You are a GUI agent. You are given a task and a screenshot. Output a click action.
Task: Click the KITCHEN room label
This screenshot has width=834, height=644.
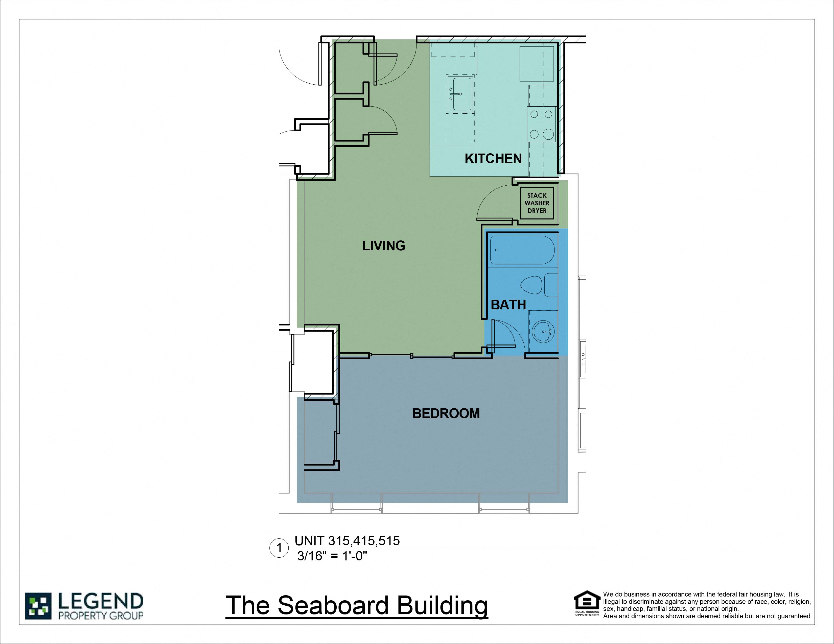click(493, 158)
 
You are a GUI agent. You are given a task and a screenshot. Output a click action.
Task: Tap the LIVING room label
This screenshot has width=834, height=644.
click(383, 245)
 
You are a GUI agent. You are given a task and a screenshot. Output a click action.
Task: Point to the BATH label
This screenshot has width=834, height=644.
click(508, 305)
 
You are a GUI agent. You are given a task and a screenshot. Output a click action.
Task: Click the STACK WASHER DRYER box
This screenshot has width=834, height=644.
click(537, 203)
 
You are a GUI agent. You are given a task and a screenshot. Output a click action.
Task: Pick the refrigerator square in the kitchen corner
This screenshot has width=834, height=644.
click(536, 64)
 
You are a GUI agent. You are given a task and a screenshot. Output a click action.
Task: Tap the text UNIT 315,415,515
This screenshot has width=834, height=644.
click(347, 541)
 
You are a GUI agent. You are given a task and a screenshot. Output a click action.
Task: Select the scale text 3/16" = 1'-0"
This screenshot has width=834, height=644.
click(332, 556)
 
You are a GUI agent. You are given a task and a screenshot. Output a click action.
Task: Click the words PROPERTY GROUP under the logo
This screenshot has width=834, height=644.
click(100, 615)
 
